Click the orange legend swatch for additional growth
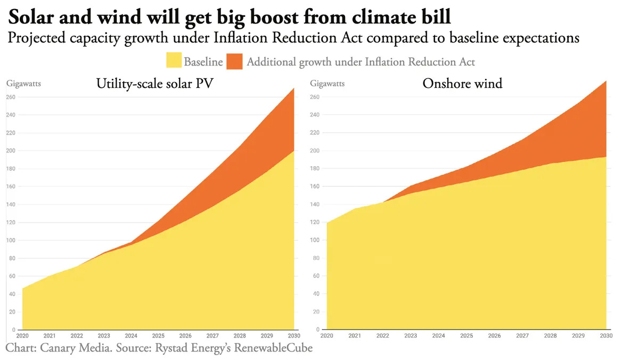(234, 62)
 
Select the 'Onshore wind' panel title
(462, 83)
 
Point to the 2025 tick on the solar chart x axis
(158, 337)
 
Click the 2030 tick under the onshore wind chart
(606, 337)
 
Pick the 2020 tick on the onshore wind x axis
(326, 337)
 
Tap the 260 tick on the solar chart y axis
(10, 97)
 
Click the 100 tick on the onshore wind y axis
(315, 240)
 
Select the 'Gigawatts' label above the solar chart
(23, 83)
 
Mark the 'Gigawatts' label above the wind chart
(327, 83)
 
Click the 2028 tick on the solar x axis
(240, 337)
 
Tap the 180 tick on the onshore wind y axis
(315, 168)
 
